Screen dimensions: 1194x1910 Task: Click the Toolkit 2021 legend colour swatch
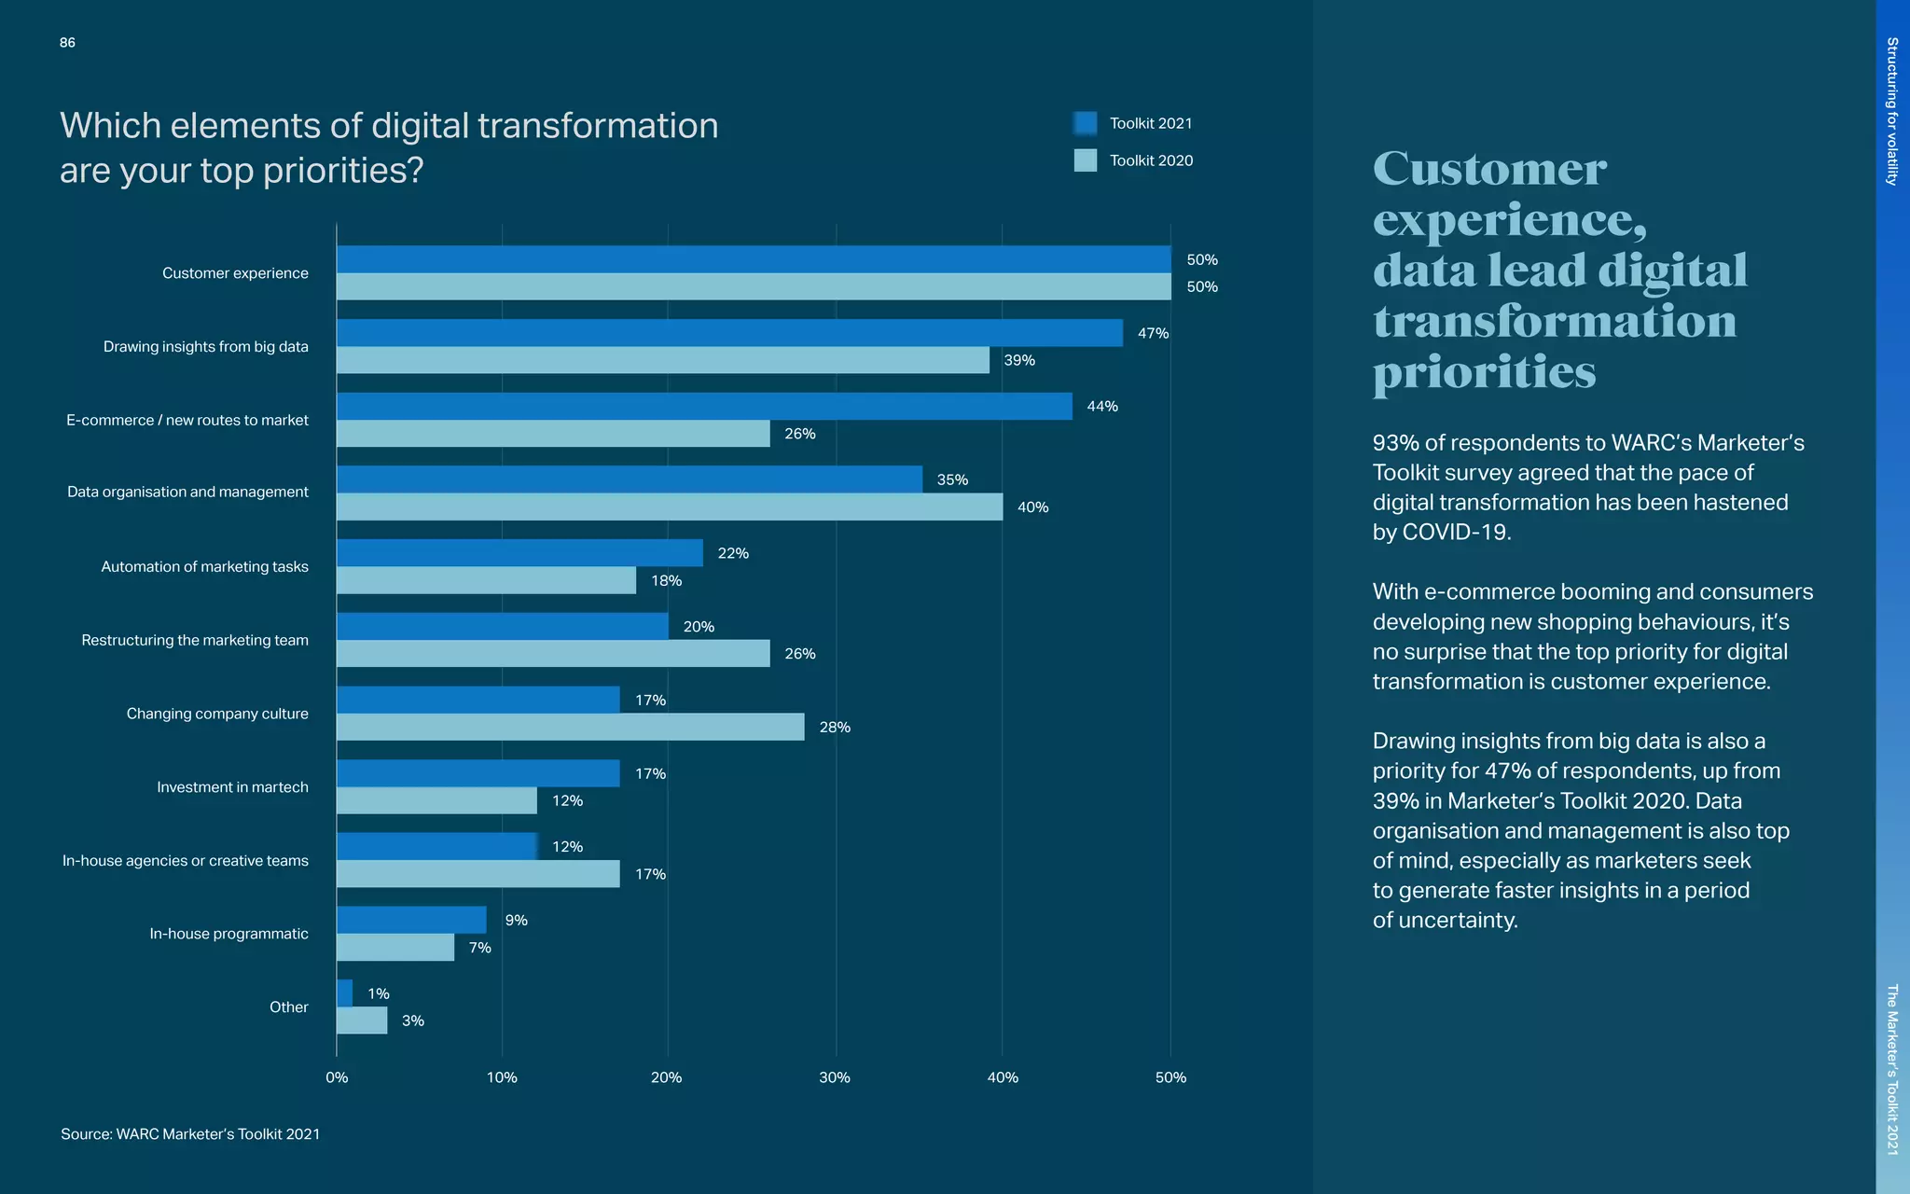pos(1085,123)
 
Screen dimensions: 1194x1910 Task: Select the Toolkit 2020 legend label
pos(1151,160)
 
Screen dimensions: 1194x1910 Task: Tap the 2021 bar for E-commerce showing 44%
pos(704,406)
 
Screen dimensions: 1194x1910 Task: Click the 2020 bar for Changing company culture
pos(570,727)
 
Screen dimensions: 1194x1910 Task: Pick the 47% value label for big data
pos(1153,333)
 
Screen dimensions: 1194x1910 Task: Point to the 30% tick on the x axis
pos(835,1077)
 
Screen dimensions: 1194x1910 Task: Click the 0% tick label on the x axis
pos(337,1077)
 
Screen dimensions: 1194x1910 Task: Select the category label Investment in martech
pos(232,787)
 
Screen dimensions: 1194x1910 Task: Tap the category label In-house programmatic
pos(228,934)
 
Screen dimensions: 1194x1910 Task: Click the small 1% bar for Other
pos(344,993)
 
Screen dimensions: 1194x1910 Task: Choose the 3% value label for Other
pos(412,1020)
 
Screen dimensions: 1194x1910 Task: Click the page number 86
pos(67,43)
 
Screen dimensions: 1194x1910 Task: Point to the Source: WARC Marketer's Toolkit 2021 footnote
pos(190,1134)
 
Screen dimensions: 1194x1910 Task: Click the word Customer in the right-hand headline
pos(1489,170)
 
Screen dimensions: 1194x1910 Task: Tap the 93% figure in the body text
pos(1395,443)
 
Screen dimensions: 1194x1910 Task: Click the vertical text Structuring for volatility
pos(1892,111)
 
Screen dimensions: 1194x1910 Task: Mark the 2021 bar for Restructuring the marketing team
pos(502,626)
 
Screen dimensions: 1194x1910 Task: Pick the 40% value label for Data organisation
pos(1032,507)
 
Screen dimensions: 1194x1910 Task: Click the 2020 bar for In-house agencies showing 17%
pos(477,874)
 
